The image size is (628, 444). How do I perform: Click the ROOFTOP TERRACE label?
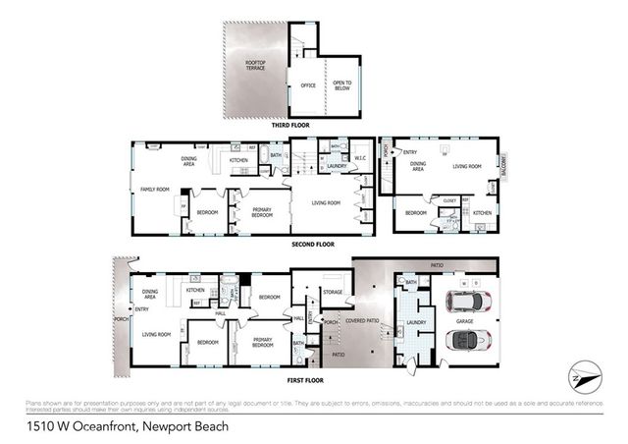point(254,65)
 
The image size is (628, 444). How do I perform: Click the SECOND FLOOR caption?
point(312,244)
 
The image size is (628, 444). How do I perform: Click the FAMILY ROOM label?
point(156,189)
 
